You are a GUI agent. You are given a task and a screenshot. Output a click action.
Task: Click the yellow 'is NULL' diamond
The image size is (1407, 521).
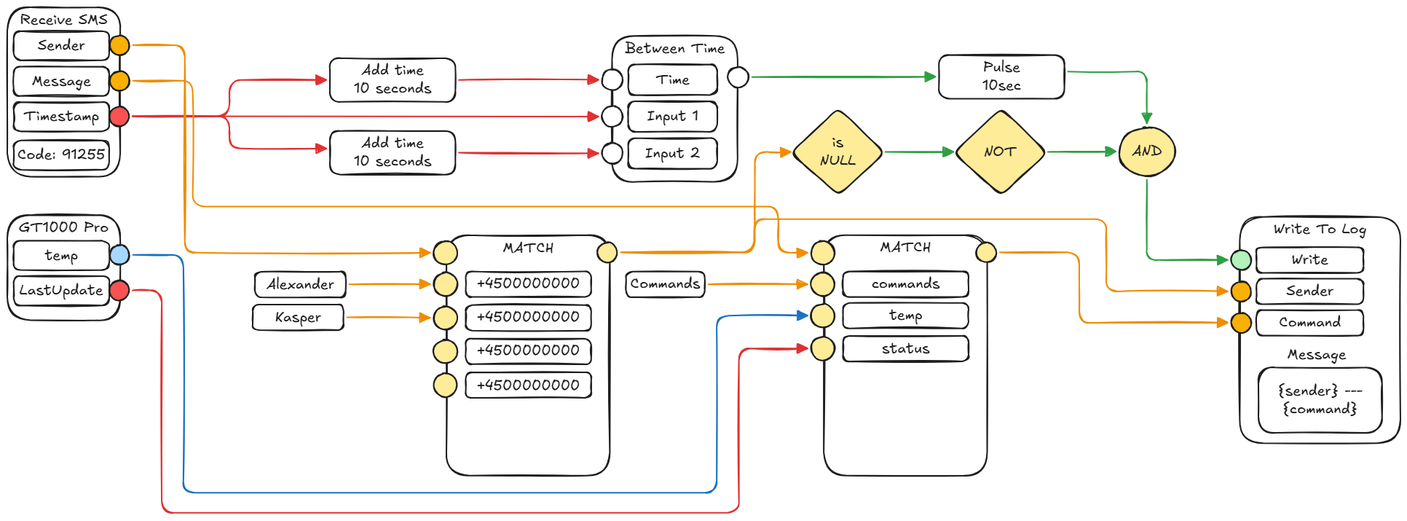837,152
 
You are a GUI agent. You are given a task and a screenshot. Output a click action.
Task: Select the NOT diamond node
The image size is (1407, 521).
1000,152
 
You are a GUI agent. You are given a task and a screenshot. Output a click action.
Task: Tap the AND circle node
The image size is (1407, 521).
1147,152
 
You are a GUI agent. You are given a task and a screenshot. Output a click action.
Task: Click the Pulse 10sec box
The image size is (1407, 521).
1001,77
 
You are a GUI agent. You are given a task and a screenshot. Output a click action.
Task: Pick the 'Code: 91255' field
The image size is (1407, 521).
61,154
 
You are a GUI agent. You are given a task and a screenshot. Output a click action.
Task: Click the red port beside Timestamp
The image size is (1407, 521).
119,116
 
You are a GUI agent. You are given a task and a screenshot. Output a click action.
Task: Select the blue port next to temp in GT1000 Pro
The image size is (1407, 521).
119,254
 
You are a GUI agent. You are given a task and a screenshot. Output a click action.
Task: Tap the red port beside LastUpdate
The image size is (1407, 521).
119,290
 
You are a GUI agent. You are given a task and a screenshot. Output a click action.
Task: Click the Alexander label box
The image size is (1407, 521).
300,284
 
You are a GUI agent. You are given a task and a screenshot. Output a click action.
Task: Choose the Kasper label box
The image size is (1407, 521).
298,318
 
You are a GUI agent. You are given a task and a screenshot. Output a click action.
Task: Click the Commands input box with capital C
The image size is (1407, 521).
665,284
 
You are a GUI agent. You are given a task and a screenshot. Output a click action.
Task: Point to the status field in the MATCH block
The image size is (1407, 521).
905,348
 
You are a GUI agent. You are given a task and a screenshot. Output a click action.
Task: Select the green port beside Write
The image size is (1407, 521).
1241,259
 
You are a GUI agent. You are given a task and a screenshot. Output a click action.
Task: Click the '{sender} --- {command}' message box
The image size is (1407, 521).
1320,400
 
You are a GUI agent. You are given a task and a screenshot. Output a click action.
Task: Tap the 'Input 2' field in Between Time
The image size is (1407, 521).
672,153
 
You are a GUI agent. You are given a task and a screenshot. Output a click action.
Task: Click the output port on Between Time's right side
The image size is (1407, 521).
738,77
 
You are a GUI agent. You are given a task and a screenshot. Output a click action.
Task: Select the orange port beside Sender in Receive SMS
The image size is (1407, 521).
119,45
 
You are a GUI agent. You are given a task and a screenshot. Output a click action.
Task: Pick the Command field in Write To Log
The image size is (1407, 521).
1309,322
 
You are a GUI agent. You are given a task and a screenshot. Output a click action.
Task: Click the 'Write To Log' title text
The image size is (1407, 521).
1320,229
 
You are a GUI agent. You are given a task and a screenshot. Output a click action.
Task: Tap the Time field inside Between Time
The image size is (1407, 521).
672,79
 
